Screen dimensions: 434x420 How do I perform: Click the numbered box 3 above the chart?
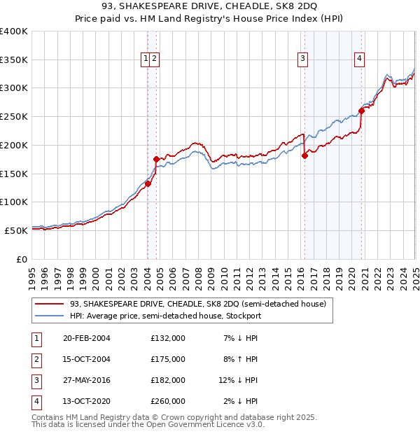(303, 59)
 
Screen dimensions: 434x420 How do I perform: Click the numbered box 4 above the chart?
(358, 59)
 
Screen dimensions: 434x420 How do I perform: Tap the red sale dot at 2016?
(304, 156)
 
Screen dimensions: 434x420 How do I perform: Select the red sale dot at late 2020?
(361, 111)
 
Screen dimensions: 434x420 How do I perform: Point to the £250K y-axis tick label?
(14, 117)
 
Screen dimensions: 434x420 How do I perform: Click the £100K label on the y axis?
(14, 202)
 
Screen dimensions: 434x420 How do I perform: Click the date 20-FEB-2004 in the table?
(87, 338)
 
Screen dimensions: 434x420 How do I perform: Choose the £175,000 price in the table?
(168, 359)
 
